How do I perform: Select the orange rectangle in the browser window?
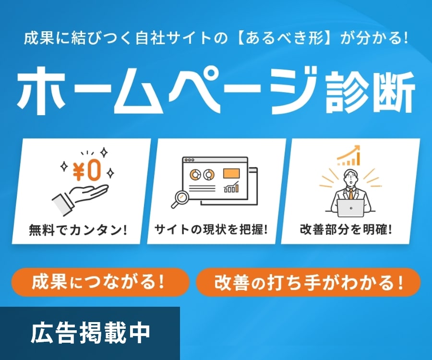(231, 173)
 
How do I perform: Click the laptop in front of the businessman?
(351, 208)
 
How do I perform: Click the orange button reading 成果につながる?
(100, 282)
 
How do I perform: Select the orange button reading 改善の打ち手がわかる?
(308, 282)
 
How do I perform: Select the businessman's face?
(351, 180)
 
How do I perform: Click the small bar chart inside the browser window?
(231, 188)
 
